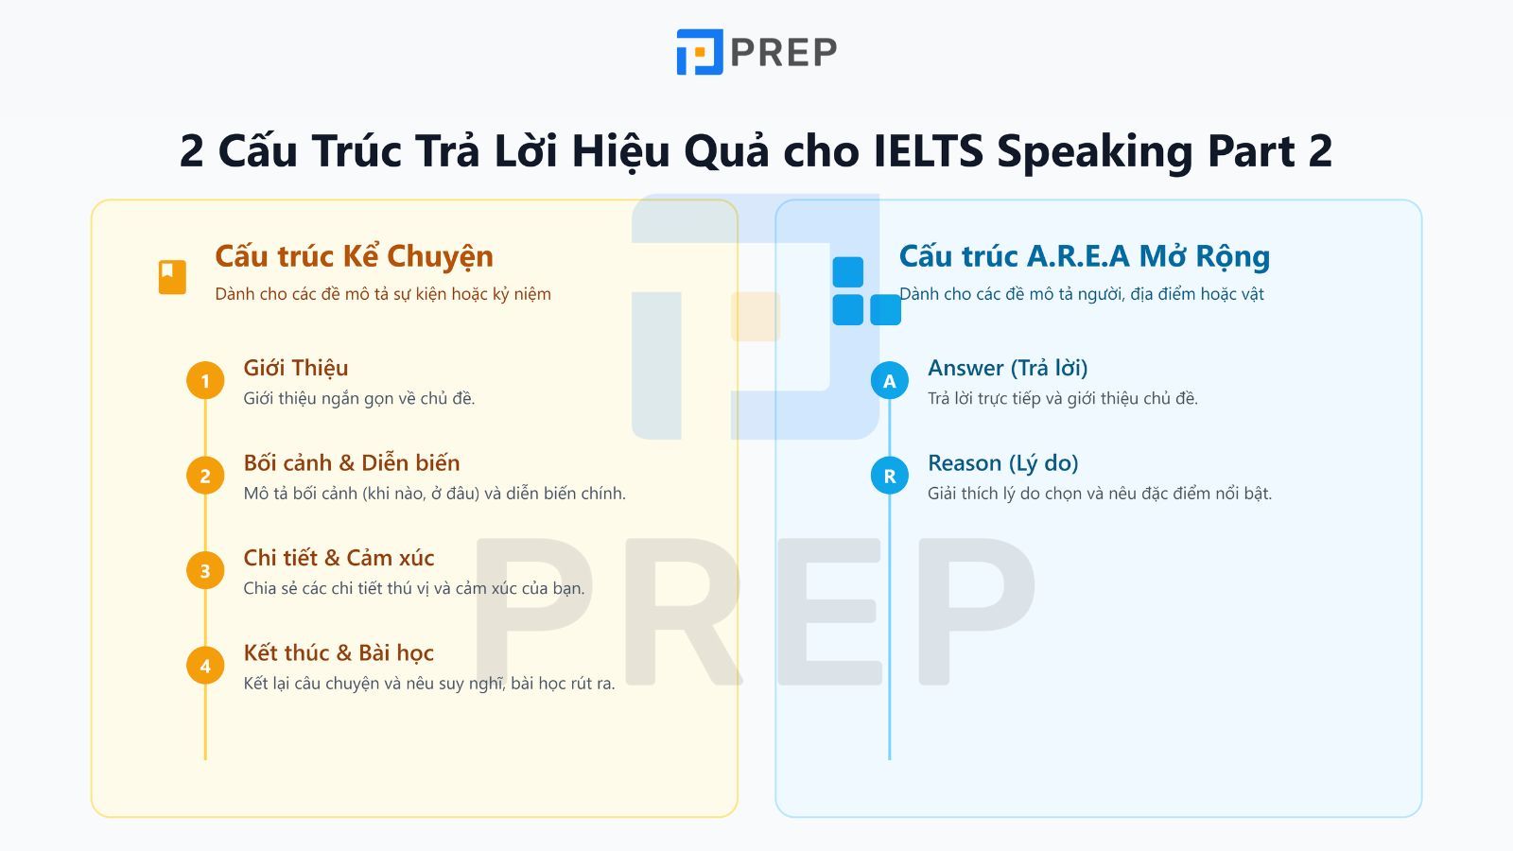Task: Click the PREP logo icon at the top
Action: [x=700, y=51]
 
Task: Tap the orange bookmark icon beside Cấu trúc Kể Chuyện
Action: [x=172, y=277]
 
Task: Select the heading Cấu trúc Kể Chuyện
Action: [x=354, y=256]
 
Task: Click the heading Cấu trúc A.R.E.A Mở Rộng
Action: [x=1084, y=256]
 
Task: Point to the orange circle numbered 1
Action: [x=205, y=381]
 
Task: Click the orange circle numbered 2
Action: [x=205, y=476]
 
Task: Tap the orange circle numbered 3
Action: [x=205, y=571]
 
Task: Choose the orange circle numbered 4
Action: [x=205, y=666]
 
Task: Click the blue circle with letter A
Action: [x=890, y=381]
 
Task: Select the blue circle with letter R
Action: [x=890, y=476]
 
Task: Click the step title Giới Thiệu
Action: [x=296, y=368]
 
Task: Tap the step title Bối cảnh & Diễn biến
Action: [x=352, y=462]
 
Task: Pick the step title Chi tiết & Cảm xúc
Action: [x=339, y=558]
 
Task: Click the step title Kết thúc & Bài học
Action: [x=339, y=653]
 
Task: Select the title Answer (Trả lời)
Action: [x=1008, y=368]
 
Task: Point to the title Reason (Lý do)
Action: [x=1003, y=463]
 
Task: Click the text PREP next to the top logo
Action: [x=784, y=53]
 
